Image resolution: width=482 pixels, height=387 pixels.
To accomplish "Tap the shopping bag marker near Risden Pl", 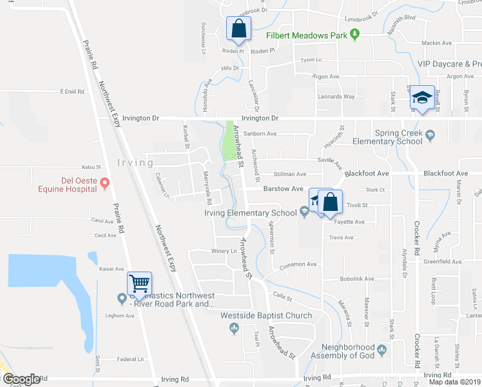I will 238,29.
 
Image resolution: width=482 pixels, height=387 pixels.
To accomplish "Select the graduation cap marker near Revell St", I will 422,98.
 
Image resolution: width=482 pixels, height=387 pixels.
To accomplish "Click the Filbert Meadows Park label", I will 308,35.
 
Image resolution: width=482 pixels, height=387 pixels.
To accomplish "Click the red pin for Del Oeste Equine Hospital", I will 104,184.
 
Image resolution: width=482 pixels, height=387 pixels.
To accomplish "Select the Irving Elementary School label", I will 251,213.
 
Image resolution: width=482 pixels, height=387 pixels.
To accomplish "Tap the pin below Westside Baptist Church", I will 234,328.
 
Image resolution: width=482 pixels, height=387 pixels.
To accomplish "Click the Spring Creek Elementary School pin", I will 430,135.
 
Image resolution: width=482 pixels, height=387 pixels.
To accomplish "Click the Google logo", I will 21,379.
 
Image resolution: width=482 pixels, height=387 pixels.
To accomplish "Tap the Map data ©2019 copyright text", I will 454,381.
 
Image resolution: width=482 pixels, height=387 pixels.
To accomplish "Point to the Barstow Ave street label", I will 283,189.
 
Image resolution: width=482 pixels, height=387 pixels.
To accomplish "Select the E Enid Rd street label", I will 73,92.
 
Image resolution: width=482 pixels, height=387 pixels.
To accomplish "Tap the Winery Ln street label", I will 224,251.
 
